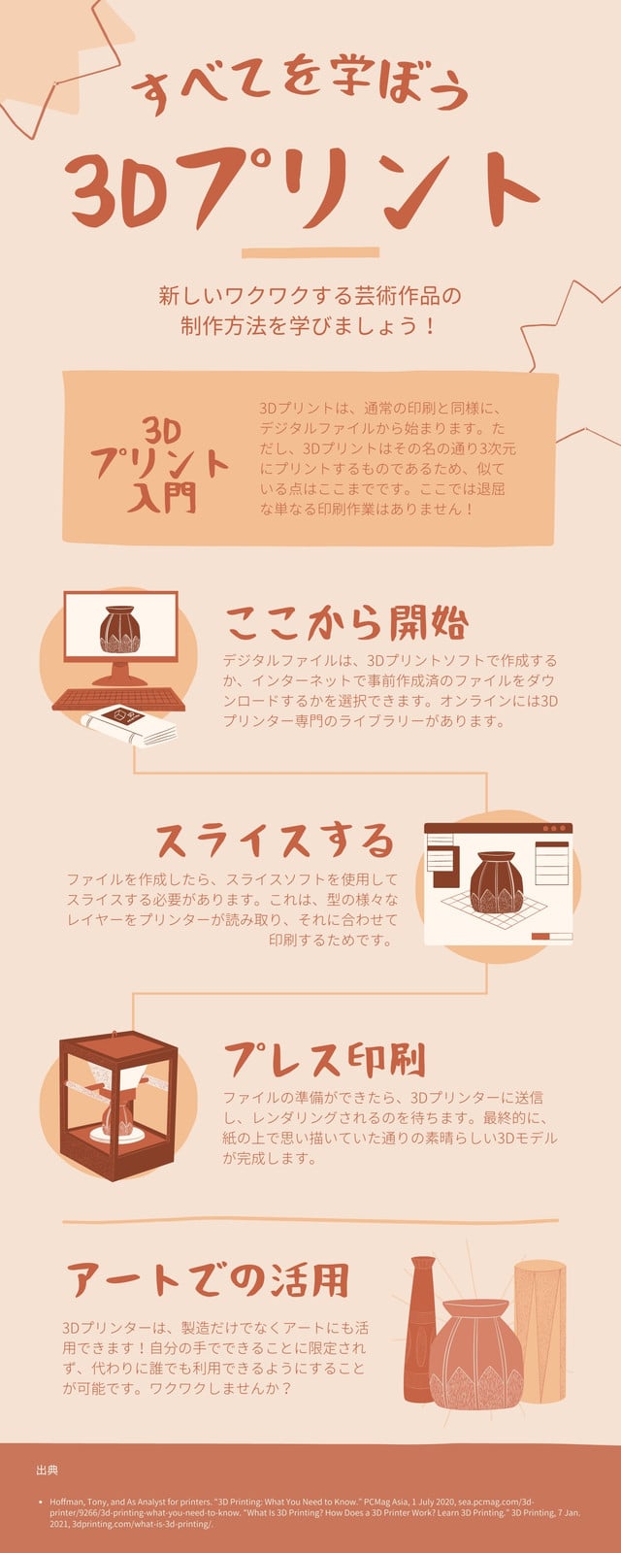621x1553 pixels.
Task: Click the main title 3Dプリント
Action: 302,189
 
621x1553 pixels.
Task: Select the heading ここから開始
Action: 346,622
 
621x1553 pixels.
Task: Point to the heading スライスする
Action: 276,841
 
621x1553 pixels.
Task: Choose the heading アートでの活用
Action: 208,1279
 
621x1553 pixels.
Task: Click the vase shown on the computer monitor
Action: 120,630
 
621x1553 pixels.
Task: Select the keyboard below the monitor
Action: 118,700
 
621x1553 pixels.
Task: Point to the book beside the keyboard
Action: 130,725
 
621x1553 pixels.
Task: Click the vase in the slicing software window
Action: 496,882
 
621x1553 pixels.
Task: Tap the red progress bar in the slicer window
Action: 540,936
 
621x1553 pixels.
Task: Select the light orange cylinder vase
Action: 539,1331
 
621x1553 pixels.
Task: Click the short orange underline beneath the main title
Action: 310,252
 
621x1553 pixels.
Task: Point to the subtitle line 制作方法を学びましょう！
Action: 310,326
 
